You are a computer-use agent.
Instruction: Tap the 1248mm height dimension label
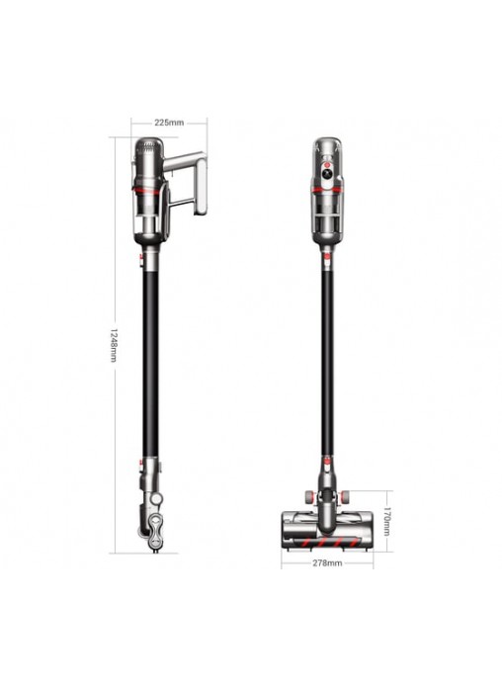pyautogui.click(x=114, y=345)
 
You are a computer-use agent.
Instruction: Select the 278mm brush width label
pyautogui.click(x=327, y=562)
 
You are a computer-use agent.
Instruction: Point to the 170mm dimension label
pyautogui.click(x=386, y=521)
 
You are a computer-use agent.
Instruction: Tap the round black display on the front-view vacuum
pyautogui.click(x=327, y=174)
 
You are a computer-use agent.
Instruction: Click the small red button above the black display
pyautogui.click(x=327, y=164)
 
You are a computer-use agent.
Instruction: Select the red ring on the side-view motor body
pyautogui.click(x=147, y=191)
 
